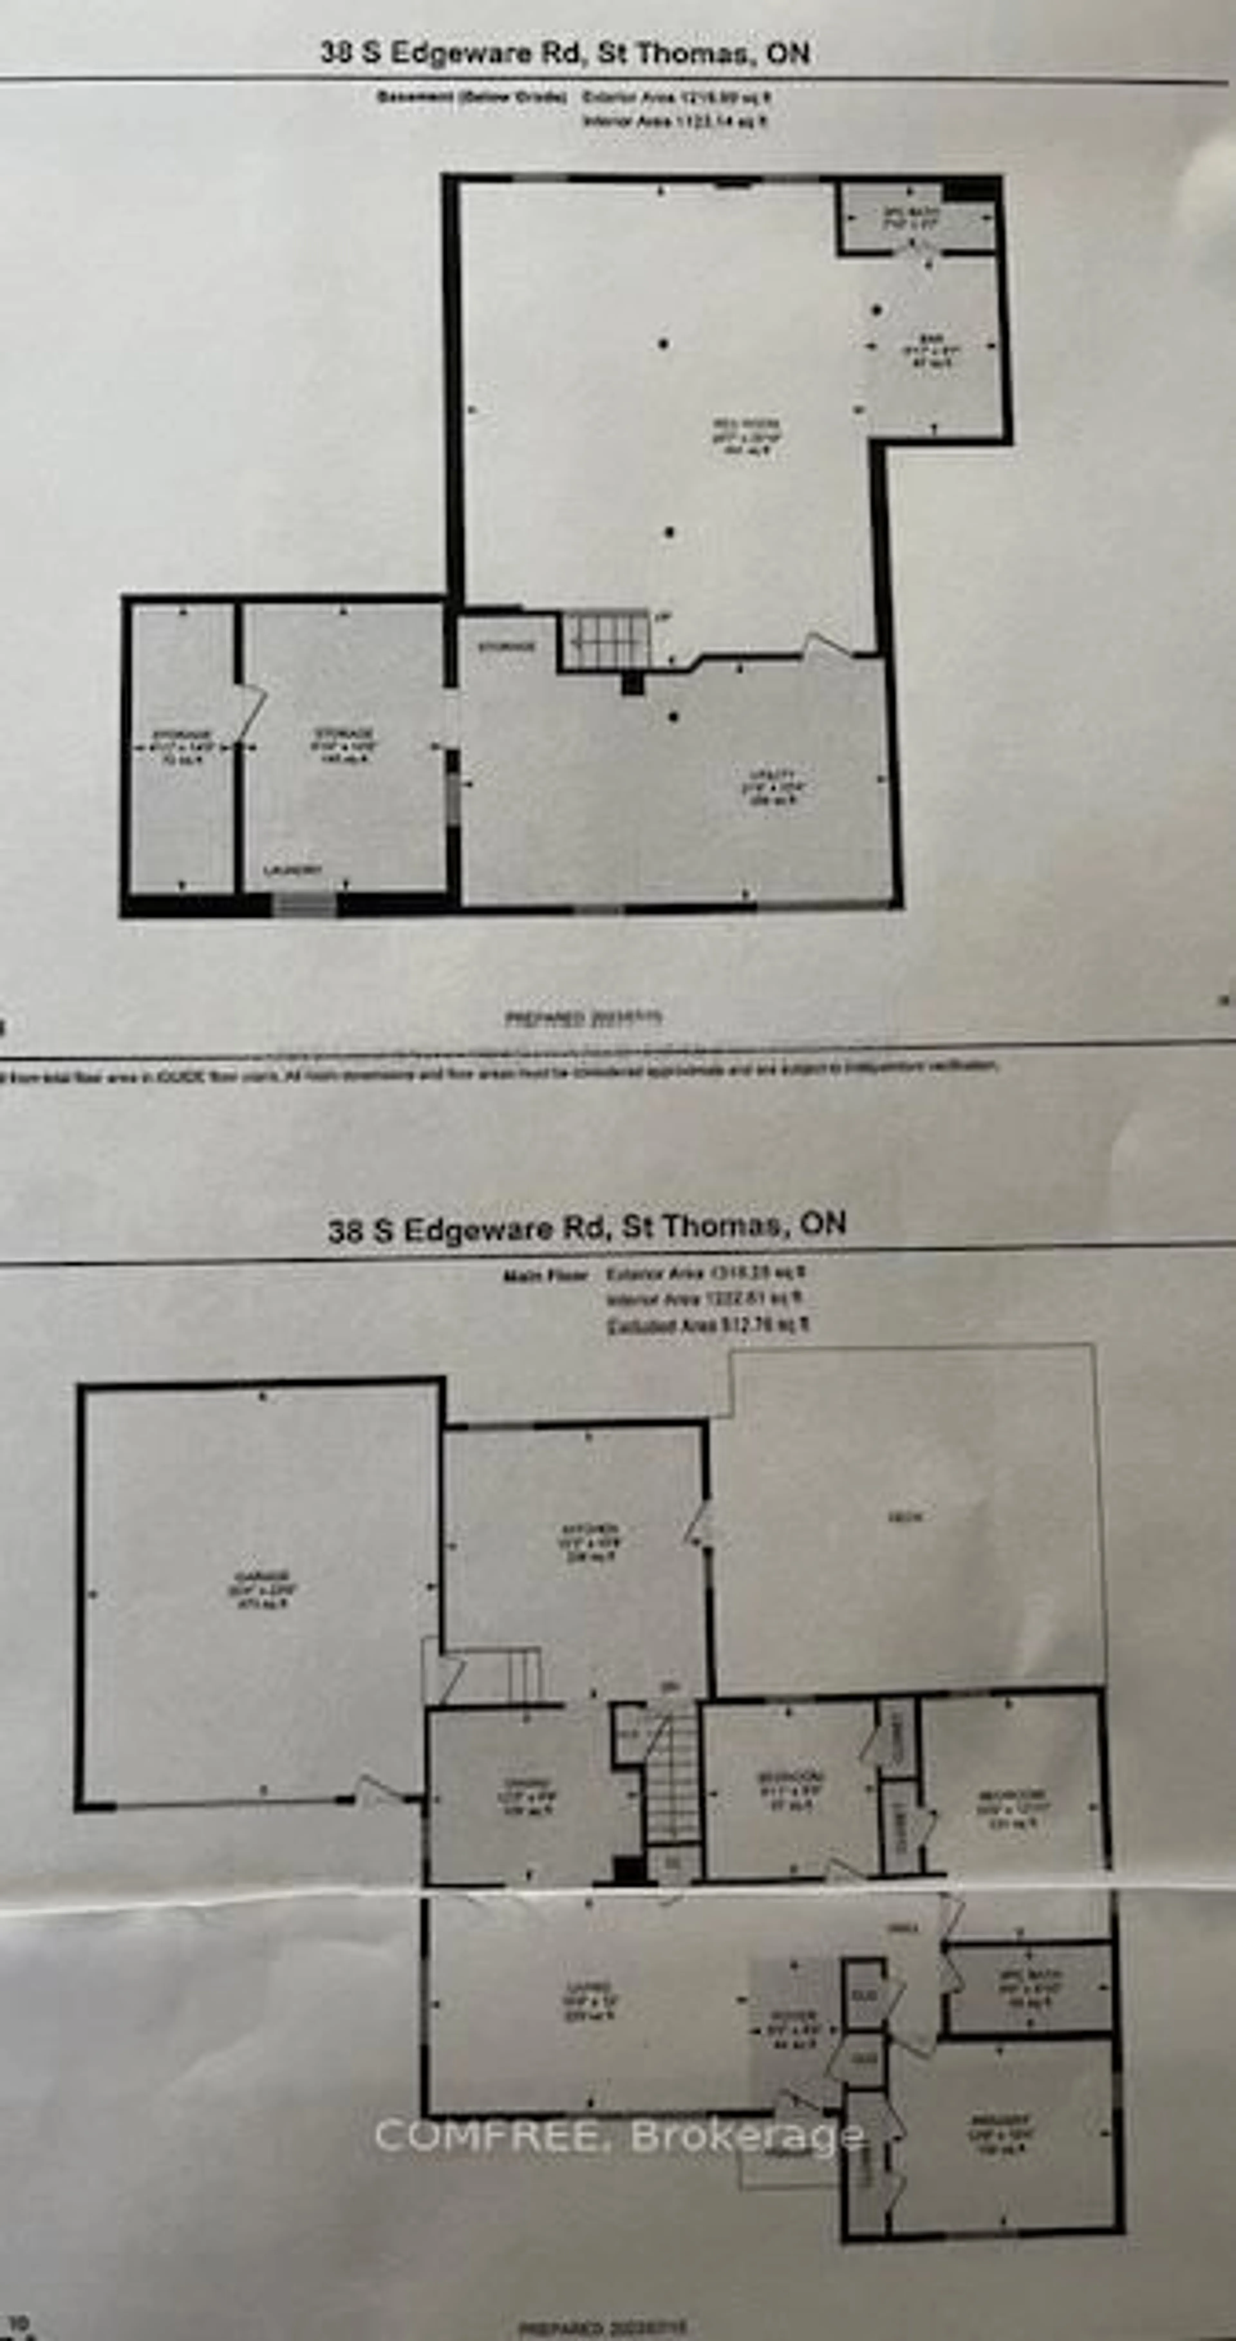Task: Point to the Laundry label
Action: point(293,871)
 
